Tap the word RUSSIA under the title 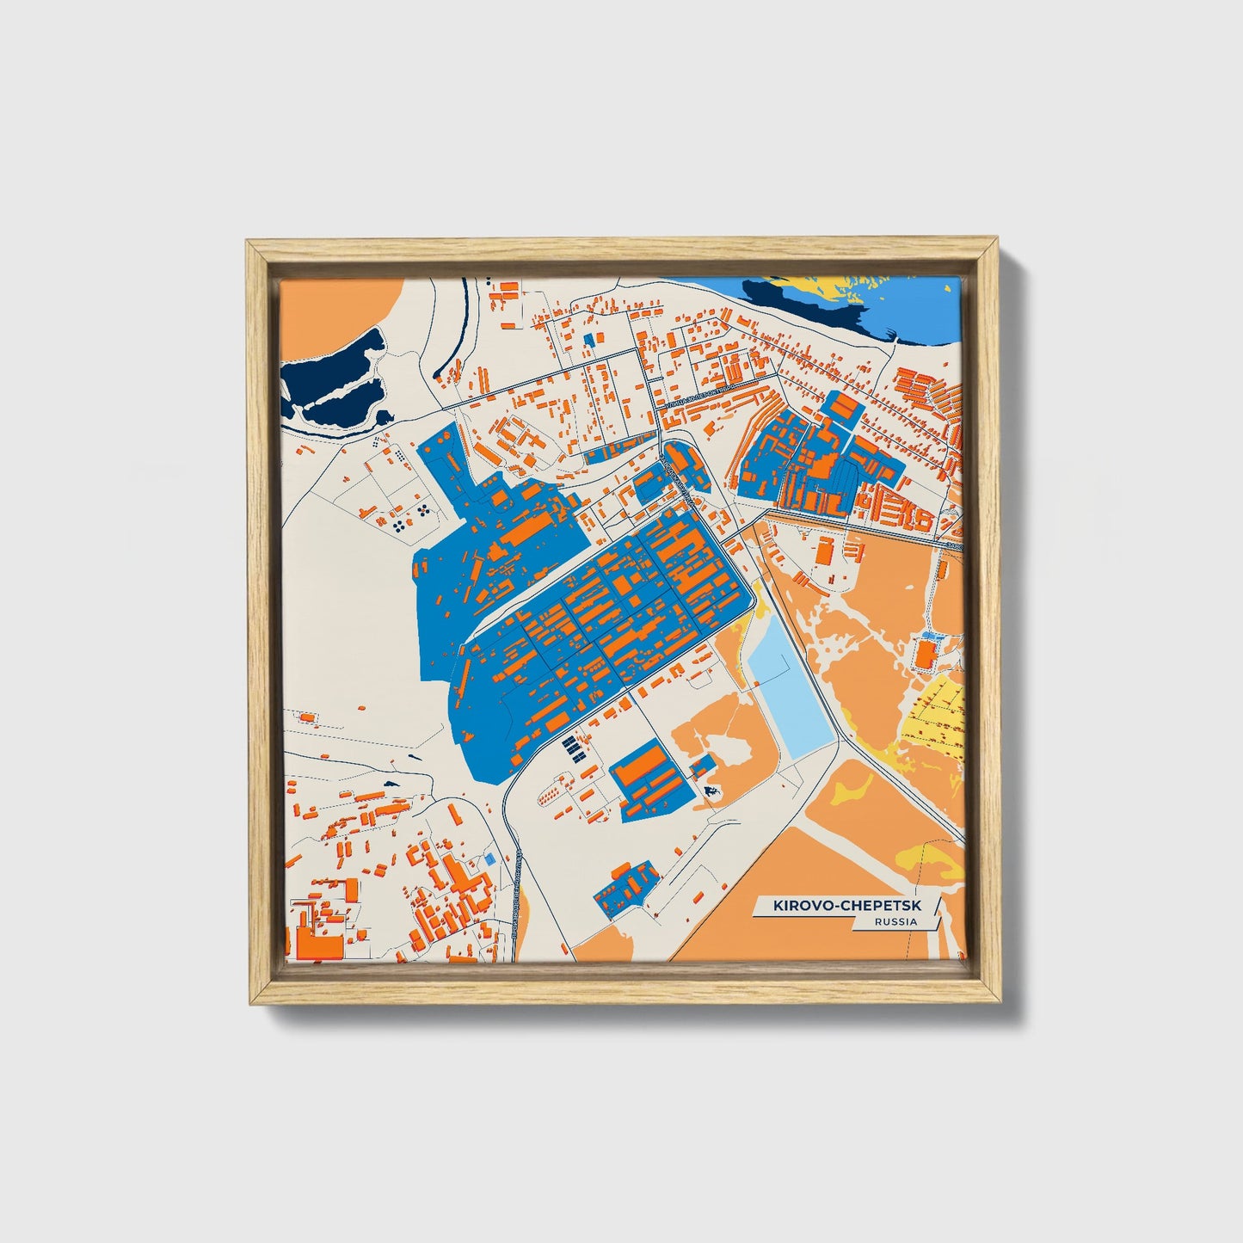(895, 921)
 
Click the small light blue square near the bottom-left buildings (491, 858)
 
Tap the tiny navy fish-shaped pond (711, 789)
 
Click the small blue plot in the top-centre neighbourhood (589, 340)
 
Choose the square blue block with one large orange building (655, 778)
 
